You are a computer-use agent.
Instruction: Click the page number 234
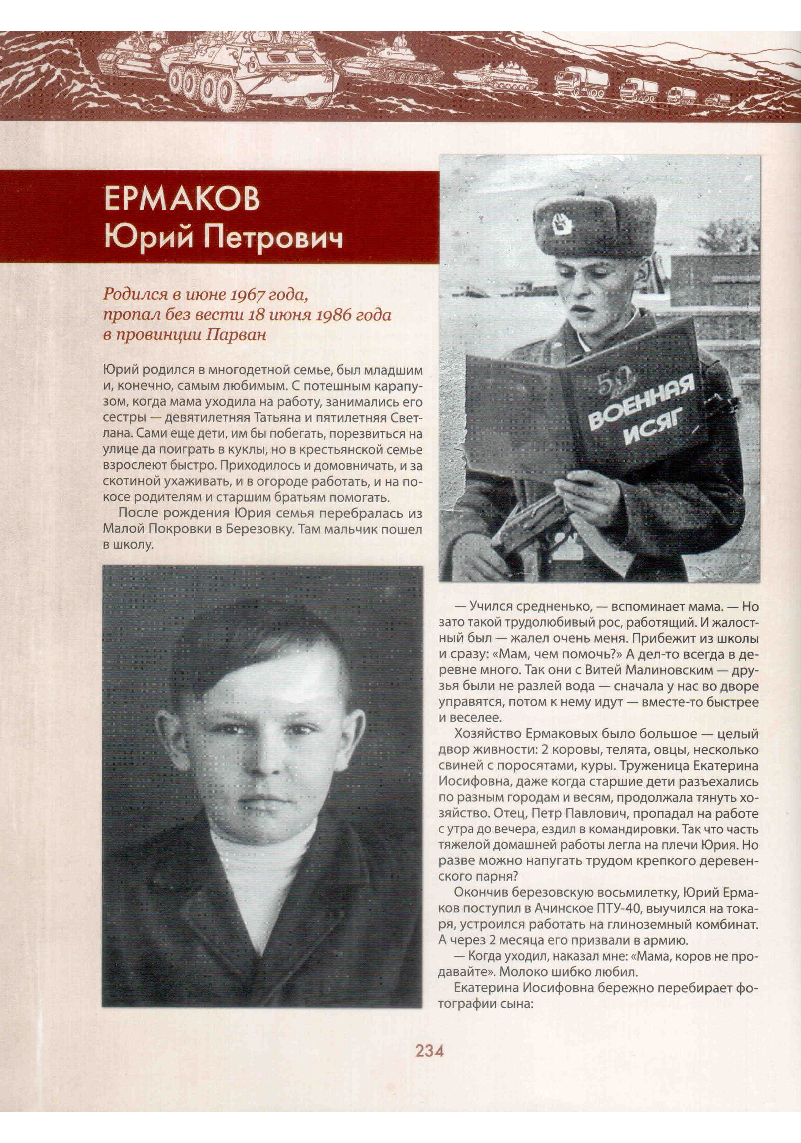pyautogui.click(x=429, y=1051)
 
